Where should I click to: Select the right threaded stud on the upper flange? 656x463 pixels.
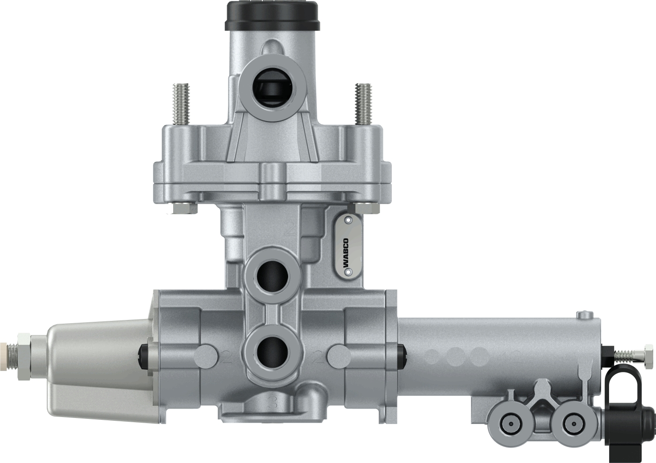[363, 104]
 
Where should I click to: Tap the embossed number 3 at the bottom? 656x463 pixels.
[273, 402]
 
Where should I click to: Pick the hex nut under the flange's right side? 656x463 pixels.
[366, 208]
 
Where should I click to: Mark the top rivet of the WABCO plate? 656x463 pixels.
[348, 220]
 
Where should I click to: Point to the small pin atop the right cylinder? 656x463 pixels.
[583, 315]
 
